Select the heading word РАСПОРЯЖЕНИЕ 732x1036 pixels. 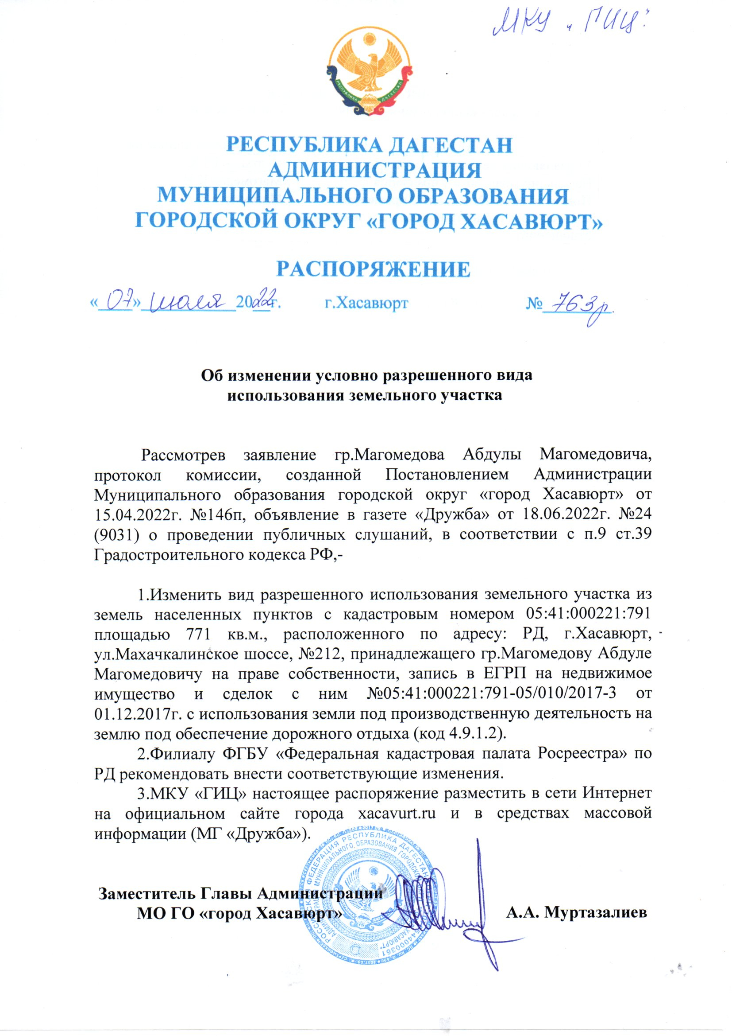[373, 269]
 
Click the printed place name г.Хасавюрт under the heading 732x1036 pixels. [366, 303]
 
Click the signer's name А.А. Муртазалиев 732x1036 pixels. [577, 913]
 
